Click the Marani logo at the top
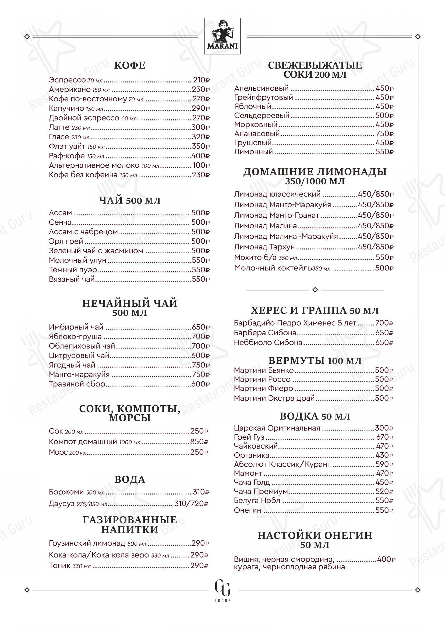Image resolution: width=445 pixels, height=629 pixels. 222,36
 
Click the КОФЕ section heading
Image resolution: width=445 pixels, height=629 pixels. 130,65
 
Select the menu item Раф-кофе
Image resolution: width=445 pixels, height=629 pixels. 67,156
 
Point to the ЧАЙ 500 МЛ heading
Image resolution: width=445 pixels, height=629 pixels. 130,201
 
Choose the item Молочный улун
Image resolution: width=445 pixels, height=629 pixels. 77,260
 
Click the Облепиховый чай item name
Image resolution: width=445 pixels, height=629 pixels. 82,346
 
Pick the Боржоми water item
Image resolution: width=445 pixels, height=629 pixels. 66,492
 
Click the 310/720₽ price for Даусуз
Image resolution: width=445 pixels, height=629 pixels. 191,503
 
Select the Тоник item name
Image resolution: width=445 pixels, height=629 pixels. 60,566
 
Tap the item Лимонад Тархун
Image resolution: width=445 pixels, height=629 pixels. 264,247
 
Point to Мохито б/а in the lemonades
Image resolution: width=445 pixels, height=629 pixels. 256,258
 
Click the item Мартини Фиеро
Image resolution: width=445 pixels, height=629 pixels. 264,389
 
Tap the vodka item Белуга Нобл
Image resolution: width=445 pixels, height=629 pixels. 257,500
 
